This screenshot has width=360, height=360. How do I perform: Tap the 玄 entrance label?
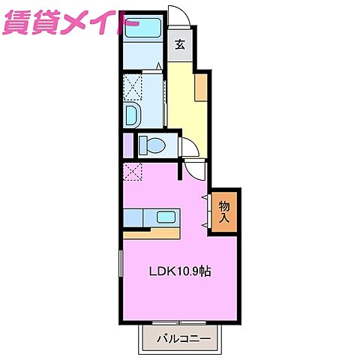point(180,44)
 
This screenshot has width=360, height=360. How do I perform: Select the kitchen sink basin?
point(166,218)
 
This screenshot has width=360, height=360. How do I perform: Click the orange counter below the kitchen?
point(151,232)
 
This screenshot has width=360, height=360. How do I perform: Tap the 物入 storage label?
point(224,211)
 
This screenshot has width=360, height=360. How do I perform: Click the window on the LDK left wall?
point(119,267)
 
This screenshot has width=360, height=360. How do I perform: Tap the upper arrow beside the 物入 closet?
point(203,197)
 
